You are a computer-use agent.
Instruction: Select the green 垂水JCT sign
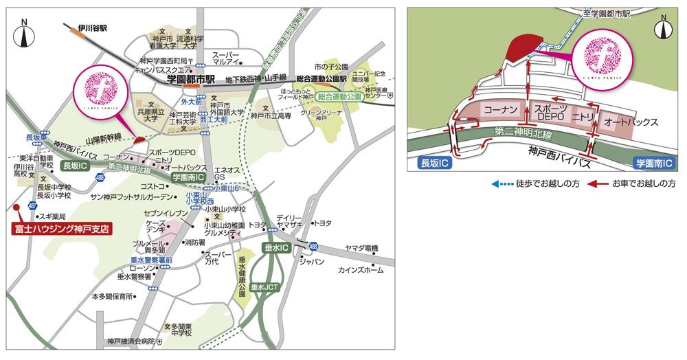pyautogui.click(x=264, y=286)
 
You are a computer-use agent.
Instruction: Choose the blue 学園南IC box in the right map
pyautogui.click(x=654, y=164)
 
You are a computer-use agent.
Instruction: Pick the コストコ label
pyautogui.click(x=153, y=186)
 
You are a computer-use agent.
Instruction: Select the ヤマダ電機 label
pyautogui.click(x=361, y=247)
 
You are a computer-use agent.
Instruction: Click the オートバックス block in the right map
pyautogui.click(x=630, y=122)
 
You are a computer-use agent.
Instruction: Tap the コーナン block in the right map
pyautogui.click(x=499, y=110)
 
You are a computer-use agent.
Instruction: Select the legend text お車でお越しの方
pyautogui.click(x=646, y=184)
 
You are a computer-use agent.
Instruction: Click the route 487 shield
pyautogui.click(x=32, y=205)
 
